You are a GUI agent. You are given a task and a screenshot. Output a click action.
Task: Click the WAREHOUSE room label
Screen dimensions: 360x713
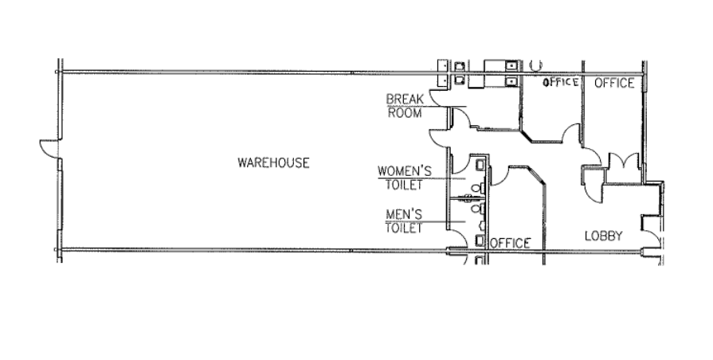273,162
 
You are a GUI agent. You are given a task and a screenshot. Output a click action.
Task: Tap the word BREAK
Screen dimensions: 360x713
403,100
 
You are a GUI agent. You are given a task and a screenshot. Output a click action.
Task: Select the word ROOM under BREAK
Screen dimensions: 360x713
403,112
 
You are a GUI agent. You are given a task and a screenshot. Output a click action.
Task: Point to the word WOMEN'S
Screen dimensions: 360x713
405,170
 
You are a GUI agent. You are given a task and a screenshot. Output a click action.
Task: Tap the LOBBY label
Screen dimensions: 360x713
603,236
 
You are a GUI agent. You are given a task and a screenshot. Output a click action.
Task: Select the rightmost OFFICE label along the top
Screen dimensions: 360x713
614,83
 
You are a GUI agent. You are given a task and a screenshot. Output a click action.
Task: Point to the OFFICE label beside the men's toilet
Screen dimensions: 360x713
510,243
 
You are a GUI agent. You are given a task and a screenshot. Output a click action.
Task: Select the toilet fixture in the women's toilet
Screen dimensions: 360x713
476,189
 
